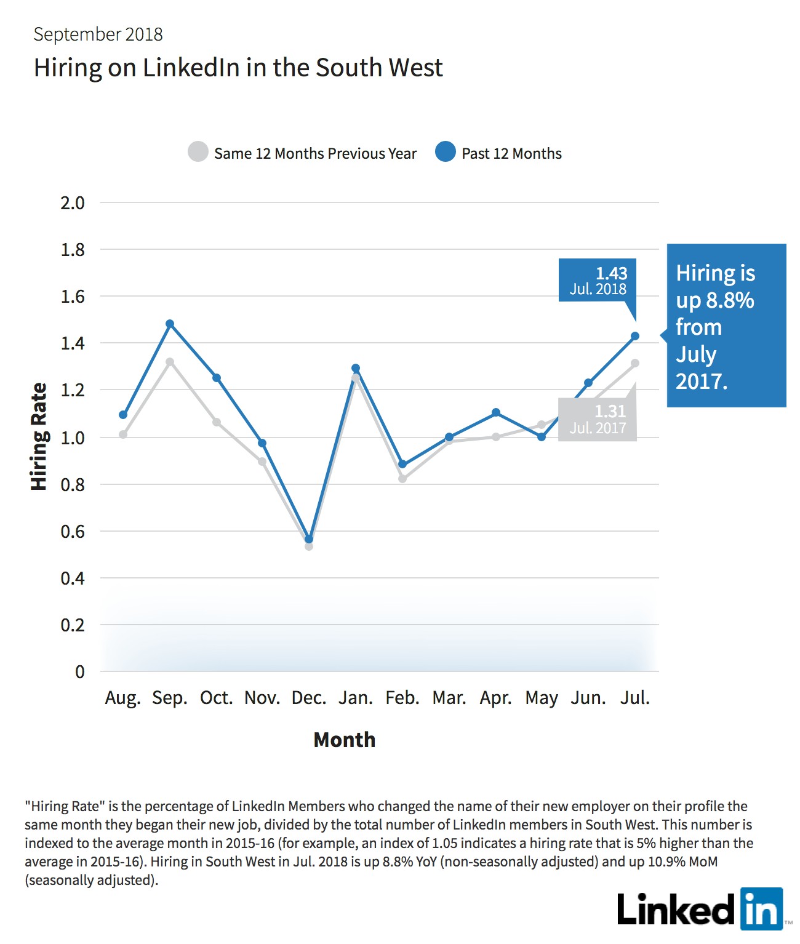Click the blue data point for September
pyautogui.click(x=170, y=324)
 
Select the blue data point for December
pyautogui.click(x=309, y=539)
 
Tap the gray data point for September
pyautogui.click(x=170, y=362)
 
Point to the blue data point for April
pyautogui.click(x=496, y=412)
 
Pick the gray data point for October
pyautogui.click(x=217, y=422)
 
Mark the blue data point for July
pyautogui.click(x=634, y=336)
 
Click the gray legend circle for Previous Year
pyautogui.click(x=198, y=151)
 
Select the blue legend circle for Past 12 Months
pyautogui.click(x=445, y=151)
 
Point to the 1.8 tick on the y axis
pyautogui.click(x=73, y=250)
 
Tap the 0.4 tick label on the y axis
pyautogui.click(x=73, y=578)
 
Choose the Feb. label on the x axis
pyautogui.click(x=402, y=698)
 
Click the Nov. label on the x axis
pyautogui.click(x=262, y=698)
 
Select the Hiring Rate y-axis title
pyautogui.click(x=38, y=436)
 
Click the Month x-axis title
pyautogui.click(x=344, y=740)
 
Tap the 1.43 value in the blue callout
pyautogui.click(x=612, y=273)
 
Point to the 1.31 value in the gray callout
pyautogui.click(x=610, y=411)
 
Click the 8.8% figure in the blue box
pyautogui.click(x=730, y=300)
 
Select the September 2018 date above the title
pyautogui.click(x=98, y=34)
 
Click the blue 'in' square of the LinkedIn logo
pyautogui.click(x=762, y=909)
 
